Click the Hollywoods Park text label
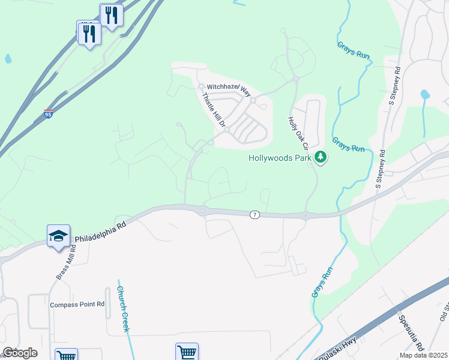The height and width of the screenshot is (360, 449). click(280, 158)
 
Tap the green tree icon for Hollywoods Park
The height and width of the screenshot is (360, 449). click(321, 157)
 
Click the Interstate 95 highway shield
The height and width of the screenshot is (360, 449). click(48, 114)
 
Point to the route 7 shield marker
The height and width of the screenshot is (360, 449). click(255, 215)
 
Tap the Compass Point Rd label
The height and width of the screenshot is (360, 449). click(77, 304)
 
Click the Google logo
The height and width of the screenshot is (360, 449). click(19, 353)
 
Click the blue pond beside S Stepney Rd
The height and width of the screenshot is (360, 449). click(425, 94)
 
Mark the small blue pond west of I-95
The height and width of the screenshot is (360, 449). click(8, 59)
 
